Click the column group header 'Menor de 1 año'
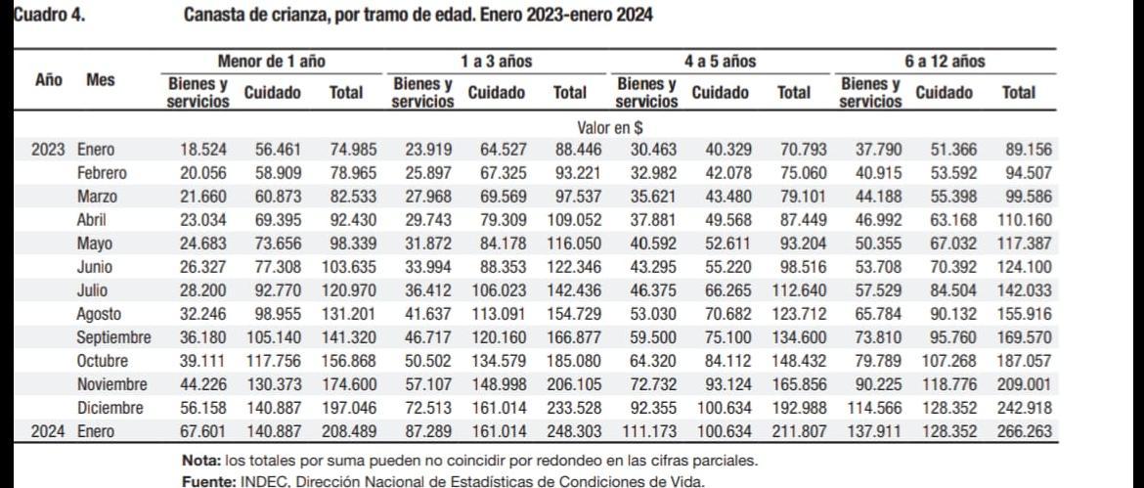tap(271, 61)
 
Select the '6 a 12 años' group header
tap(944, 61)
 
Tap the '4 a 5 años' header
tap(720, 61)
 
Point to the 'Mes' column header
tap(101, 79)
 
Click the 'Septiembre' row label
tap(113, 337)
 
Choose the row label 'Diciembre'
tap(110, 408)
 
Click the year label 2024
tap(47, 431)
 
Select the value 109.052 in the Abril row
tap(570, 220)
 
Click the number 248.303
tap(570, 431)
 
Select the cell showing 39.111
tap(202, 361)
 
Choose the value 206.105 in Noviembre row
tap(570, 384)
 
